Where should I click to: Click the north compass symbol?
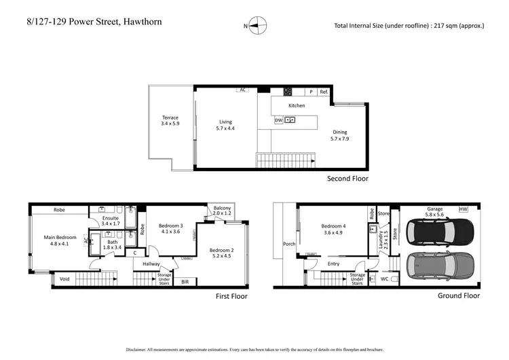click(256, 26)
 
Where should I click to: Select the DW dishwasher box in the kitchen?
click(278, 120)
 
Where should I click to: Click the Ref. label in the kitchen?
click(324, 92)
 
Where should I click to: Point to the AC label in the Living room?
click(242, 89)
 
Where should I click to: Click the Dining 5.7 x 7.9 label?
click(339, 136)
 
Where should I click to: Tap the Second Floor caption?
click(347, 179)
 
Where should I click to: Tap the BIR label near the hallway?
click(185, 281)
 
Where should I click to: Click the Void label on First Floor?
click(64, 278)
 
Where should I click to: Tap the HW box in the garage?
click(464, 209)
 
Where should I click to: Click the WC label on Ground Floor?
click(384, 278)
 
